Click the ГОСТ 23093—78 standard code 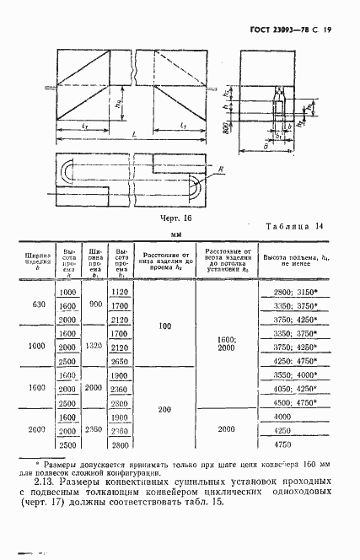pos(282,30)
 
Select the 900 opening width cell pos(94,304)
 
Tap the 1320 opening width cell pos(94,347)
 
